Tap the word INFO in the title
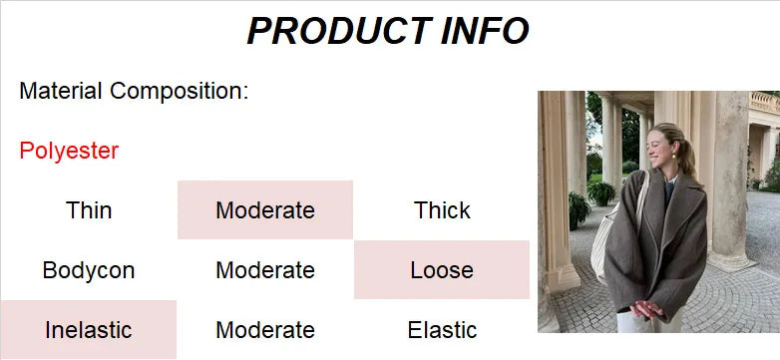pyautogui.click(x=486, y=31)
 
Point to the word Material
pyautogui.click(x=61, y=92)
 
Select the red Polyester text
pyautogui.click(x=69, y=152)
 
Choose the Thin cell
pyautogui.click(x=89, y=210)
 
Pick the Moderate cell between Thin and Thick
pyautogui.click(x=265, y=210)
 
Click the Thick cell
pyautogui.click(x=442, y=210)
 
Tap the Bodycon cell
pyautogui.click(x=89, y=270)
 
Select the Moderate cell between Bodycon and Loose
pyautogui.click(x=265, y=270)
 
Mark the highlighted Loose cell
pyautogui.click(x=442, y=270)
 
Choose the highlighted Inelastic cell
pyautogui.click(x=89, y=330)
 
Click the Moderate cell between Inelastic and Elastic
pyautogui.click(x=265, y=330)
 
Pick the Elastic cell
pyautogui.click(x=442, y=330)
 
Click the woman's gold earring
pyautogui.click(x=675, y=160)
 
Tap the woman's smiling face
pyautogui.click(x=662, y=148)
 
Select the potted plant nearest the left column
pyautogui.click(x=579, y=208)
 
